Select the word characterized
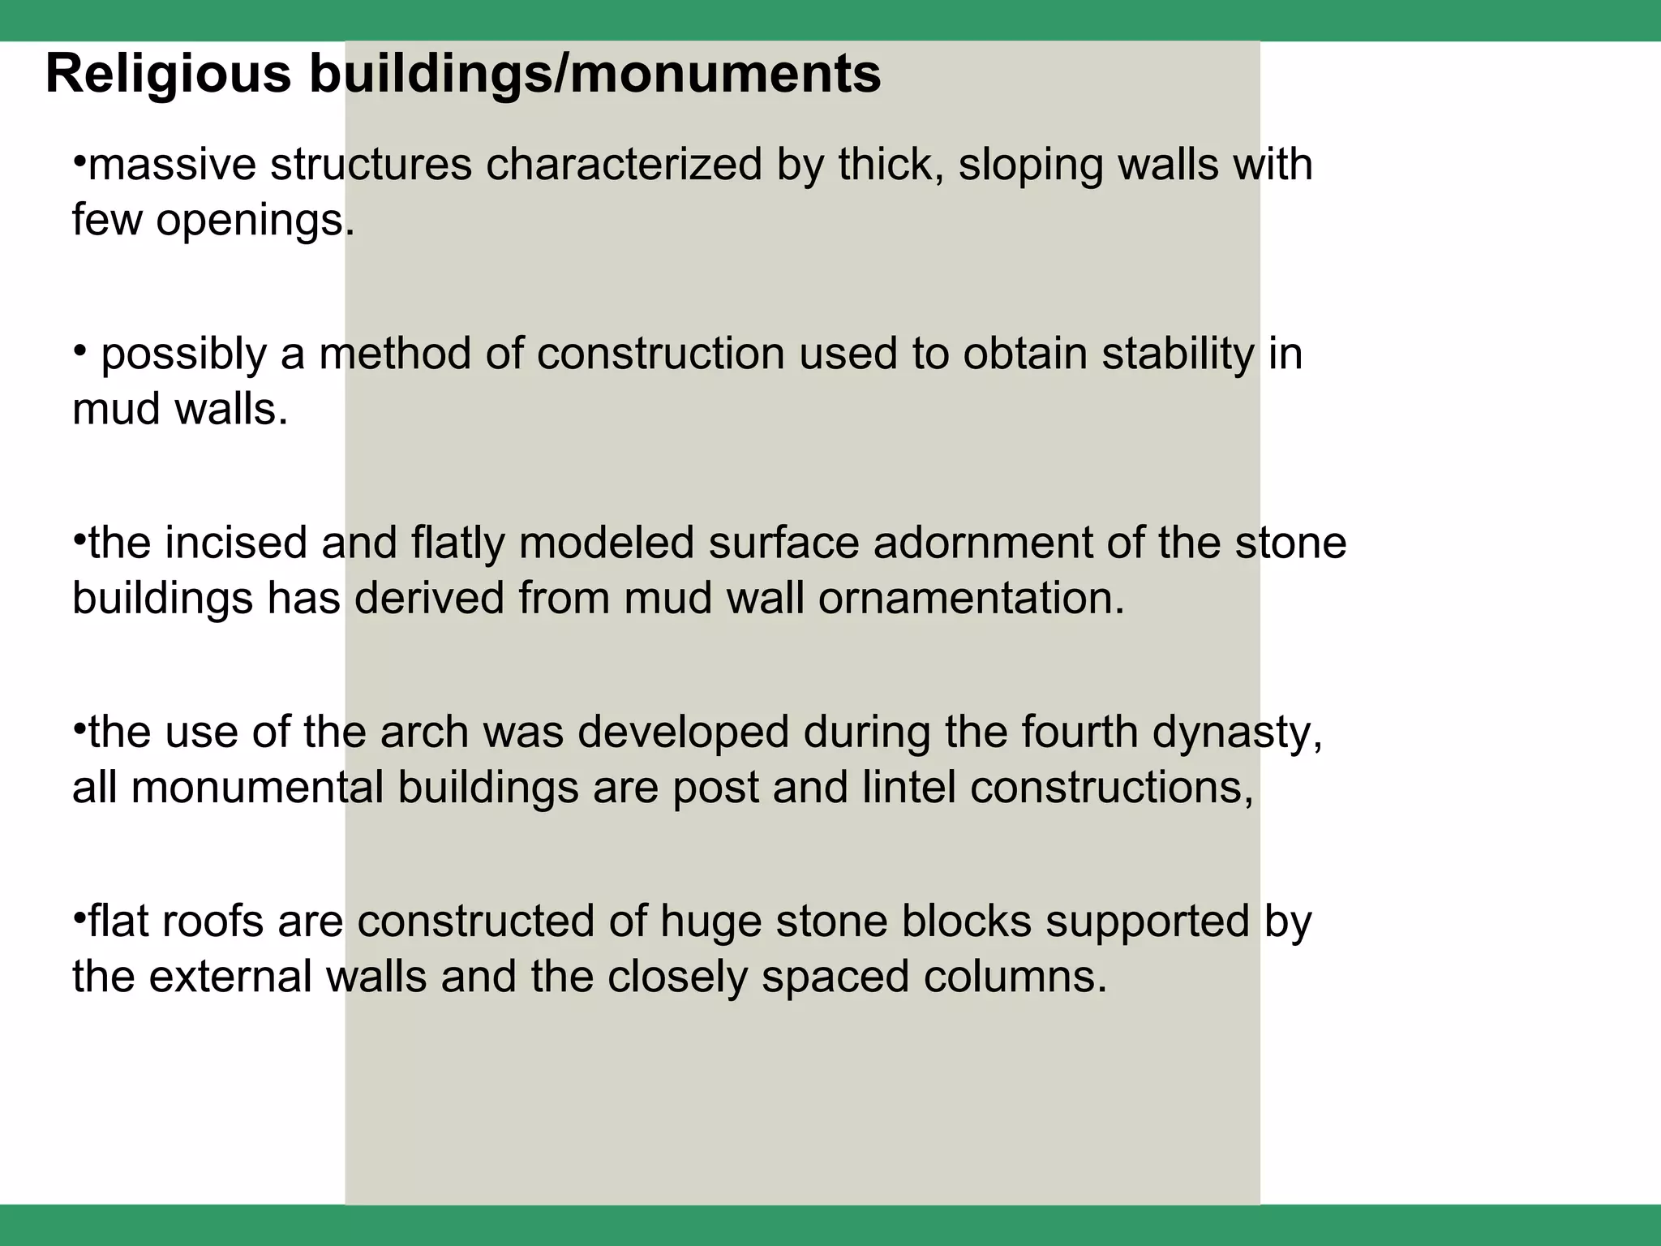[x=624, y=165]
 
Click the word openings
[x=255, y=221]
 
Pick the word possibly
[x=183, y=355]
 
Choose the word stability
[x=1177, y=355]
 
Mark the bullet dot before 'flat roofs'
[x=79, y=917]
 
